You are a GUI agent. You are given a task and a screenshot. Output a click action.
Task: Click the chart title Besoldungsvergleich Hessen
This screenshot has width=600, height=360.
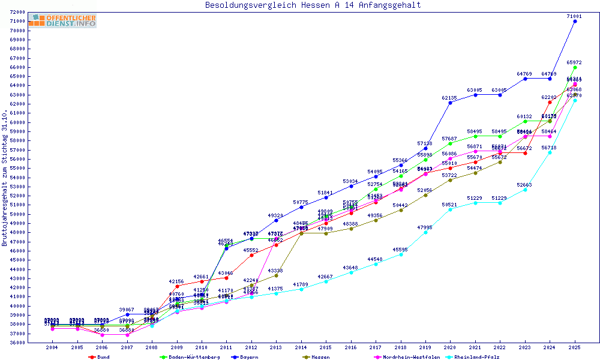(x=313, y=5)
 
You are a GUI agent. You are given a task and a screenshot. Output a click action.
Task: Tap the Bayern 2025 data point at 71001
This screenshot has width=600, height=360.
(x=575, y=21)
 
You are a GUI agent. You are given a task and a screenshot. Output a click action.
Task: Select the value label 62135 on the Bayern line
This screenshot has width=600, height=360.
(x=449, y=97)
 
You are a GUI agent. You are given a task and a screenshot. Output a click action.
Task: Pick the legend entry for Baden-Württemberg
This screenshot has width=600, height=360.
(x=185, y=357)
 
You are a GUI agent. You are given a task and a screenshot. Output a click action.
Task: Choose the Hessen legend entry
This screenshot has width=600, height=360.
(x=319, y=357)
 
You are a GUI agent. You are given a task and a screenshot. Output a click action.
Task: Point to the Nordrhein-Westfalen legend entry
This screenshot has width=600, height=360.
(x=407, y=357)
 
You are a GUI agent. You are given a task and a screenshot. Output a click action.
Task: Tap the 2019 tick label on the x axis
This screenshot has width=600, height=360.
(x=425, y=347)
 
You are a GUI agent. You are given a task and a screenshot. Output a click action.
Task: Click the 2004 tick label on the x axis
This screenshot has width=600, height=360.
(x=52, y=347)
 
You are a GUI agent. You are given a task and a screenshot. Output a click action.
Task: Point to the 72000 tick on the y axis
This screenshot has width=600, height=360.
(x=17, y=12)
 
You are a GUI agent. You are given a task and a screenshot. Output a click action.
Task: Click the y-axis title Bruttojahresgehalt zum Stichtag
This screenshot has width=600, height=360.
(x=5, y=178)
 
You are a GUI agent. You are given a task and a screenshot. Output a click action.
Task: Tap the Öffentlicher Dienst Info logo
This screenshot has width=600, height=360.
(x=62, y=21)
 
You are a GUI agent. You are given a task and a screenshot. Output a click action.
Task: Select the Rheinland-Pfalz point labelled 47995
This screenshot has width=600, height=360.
(x=425, y=232)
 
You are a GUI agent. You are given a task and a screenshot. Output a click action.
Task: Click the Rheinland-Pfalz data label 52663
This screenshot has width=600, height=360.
(x=524, y=184)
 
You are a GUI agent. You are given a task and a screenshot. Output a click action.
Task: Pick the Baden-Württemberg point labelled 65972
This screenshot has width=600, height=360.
(x=575, y=67)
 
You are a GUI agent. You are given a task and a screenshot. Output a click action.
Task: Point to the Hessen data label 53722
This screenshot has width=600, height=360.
(x=449, y=175)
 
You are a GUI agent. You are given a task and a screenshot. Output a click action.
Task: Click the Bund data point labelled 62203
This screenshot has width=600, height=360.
(x=550, y=102)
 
